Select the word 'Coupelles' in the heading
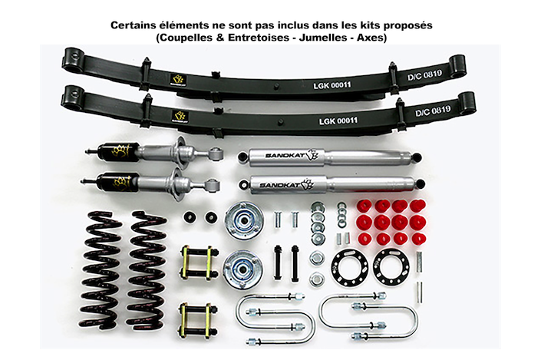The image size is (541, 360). [x=185, y=36]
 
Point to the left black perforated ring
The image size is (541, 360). [x=350, y=266]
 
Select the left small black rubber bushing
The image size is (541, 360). [x=189, y=217]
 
